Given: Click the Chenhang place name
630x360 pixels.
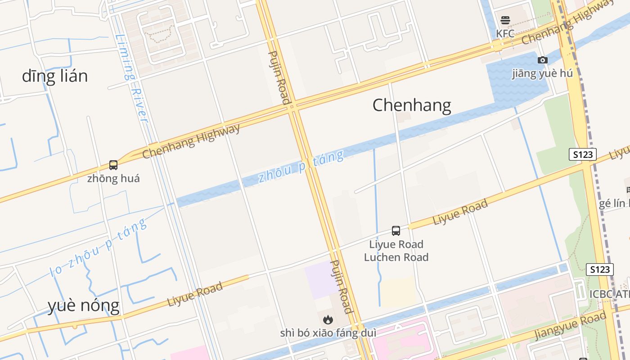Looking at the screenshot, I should [411, 105].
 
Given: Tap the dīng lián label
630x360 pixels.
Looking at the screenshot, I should [54, 76].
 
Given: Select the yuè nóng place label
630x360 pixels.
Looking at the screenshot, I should [84, 306].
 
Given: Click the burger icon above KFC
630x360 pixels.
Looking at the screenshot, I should [505, 20].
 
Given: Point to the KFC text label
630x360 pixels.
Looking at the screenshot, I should [505, 34].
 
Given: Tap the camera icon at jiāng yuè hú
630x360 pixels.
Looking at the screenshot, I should [543, 60].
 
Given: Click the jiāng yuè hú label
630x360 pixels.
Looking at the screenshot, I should [543, 73].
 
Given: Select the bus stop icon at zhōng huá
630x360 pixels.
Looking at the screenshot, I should [113, 165].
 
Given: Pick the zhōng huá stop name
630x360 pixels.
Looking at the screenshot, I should [113, 179].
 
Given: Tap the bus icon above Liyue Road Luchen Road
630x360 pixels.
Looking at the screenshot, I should [396, 231].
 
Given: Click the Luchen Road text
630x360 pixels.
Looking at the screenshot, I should [396, 257].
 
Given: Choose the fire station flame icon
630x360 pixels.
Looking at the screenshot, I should [328, 319].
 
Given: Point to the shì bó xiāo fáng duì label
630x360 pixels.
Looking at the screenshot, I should [328, 333].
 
